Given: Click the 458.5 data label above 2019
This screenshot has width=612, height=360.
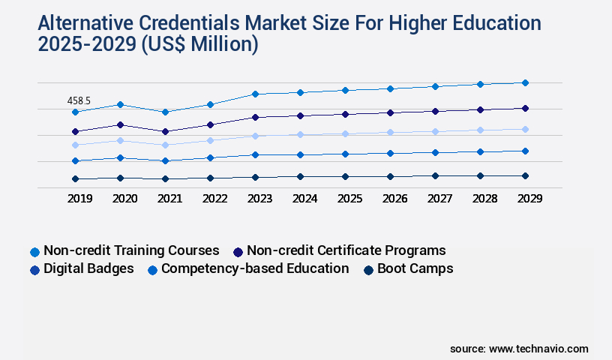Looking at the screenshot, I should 79,100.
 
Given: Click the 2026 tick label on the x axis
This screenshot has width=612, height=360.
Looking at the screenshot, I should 394,199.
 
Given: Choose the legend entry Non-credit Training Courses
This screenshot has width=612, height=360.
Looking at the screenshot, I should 131,250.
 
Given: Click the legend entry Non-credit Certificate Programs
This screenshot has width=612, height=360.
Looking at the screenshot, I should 346,250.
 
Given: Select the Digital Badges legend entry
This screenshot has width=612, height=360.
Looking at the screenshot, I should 88,268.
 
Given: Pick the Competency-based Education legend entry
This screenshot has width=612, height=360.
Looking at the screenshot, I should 254,268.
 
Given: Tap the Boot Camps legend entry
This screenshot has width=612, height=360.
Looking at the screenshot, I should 415,268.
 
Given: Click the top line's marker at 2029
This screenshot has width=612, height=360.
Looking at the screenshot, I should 525,82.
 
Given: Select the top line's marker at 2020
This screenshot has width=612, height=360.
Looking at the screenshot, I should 120,104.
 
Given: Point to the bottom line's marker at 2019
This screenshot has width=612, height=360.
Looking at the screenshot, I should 75,178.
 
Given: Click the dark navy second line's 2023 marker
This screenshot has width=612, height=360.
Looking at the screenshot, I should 255,117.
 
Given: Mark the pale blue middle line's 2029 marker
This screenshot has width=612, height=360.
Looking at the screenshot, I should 525,129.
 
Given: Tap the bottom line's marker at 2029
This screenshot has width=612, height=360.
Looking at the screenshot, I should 525,175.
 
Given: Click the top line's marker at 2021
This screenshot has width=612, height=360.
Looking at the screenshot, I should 165,112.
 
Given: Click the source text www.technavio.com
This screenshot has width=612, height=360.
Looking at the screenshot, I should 538,349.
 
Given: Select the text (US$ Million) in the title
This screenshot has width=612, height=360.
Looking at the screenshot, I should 199,45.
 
